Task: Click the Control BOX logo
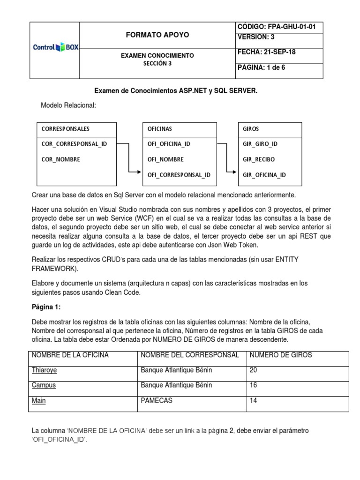pyautogui.click(x=54, y=48)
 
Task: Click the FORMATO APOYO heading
pyautogui.click(x=158, y=35)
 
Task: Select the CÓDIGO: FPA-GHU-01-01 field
pyautogui.click(x=277, y=27)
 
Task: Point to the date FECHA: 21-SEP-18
pyautogui.click(x=266, y=52)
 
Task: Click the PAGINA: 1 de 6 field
pyautogui.click(x=262, y=67)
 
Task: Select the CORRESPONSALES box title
pyautogui.click(x=66, y=128)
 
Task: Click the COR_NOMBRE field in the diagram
pyautogui.click(x=61, y=159)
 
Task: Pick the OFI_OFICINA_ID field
pyautogui.click(x=169, y=144)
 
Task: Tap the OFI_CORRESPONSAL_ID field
pyautogui.click(x=179, y=175)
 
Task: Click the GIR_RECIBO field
pyautogui.click(x=259, y=159)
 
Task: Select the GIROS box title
pyautogui.click(x=251, y=128)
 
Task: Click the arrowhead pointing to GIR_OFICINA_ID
pyautogui.click(x=235, y=172)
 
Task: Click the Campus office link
pyautogui.click(x=44, y=385)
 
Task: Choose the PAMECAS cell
pyautogui.click(x=156, y=401)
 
